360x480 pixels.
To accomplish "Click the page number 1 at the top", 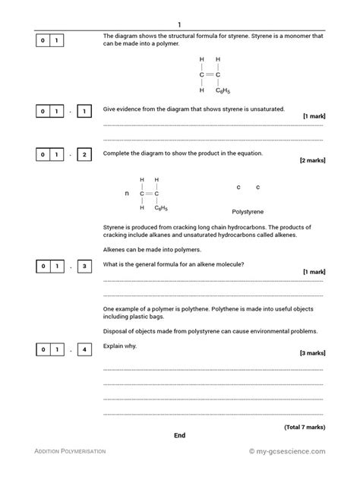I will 179,24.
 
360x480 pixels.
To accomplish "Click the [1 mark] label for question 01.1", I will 314,116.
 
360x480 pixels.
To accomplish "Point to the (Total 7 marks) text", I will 305,428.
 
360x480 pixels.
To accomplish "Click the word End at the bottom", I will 179,435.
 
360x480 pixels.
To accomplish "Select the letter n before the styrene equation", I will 127,193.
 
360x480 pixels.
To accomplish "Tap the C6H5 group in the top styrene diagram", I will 222,90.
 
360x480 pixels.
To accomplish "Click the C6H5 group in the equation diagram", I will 161,207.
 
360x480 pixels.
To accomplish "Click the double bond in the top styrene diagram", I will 210,74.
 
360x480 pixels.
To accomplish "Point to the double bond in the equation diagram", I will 149,193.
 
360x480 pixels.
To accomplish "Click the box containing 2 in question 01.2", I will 85,154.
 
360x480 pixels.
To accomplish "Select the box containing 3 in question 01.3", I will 85,266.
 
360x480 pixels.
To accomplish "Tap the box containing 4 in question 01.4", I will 85,349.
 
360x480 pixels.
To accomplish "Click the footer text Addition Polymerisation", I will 71,451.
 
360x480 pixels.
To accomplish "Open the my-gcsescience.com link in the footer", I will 288,451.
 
